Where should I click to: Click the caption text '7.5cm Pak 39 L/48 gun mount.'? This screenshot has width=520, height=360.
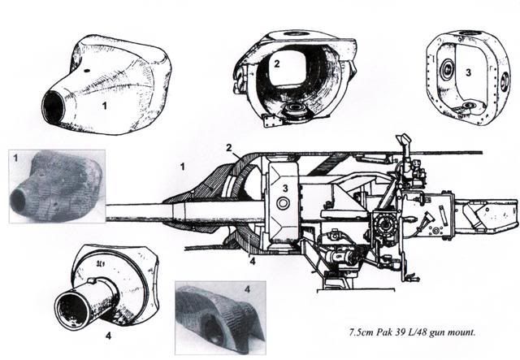(412, 332)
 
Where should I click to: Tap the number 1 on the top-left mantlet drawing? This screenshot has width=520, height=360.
(105, 106)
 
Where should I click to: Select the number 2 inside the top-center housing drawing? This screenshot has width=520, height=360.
(277, 63)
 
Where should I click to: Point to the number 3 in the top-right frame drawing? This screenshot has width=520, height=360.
(468, 72)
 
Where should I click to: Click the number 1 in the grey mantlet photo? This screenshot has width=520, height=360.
(15, 158)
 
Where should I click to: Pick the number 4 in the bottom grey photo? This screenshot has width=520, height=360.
(247, 289)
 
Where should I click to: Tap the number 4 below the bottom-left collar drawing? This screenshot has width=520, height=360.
(108, 336)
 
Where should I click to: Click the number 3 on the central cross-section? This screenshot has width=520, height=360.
(285, 189)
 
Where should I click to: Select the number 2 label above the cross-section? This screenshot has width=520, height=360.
(229, 148)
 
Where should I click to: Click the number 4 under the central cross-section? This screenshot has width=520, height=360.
(253, 262)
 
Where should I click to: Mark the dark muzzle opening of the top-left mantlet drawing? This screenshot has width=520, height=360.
(52, 106)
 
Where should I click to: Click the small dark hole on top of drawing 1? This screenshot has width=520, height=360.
(87, 71)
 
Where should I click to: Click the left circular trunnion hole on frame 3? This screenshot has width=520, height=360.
(448, 69)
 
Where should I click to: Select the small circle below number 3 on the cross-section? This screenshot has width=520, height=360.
(284, 203)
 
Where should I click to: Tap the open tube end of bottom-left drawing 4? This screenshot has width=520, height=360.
(72, 311)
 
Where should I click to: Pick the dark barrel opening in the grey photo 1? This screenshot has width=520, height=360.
(18, 199)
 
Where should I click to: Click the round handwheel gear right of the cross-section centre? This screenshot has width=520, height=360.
(384, 223)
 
